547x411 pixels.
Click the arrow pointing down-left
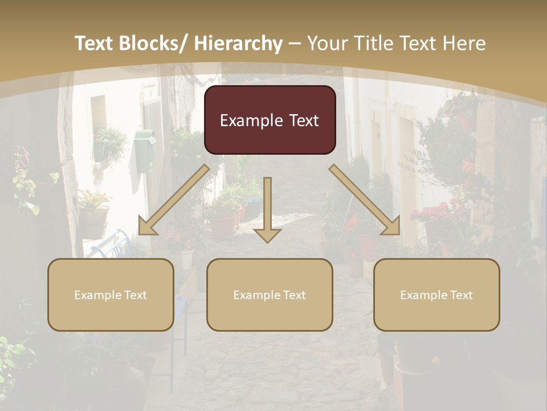point(174,200)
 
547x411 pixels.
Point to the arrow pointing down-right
point(365,200)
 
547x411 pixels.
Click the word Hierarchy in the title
point(238,43)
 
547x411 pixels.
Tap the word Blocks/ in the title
point(152,43)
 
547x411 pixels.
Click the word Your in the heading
point(328,43)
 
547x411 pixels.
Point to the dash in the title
point(295,43)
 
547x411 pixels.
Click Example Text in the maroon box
point(270,120)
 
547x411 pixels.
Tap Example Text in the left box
point(111,295)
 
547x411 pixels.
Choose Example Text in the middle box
point(270,295)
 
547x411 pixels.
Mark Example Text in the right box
point(436,295)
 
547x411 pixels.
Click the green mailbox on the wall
point(145,150)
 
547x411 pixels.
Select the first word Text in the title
point(94,43)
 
